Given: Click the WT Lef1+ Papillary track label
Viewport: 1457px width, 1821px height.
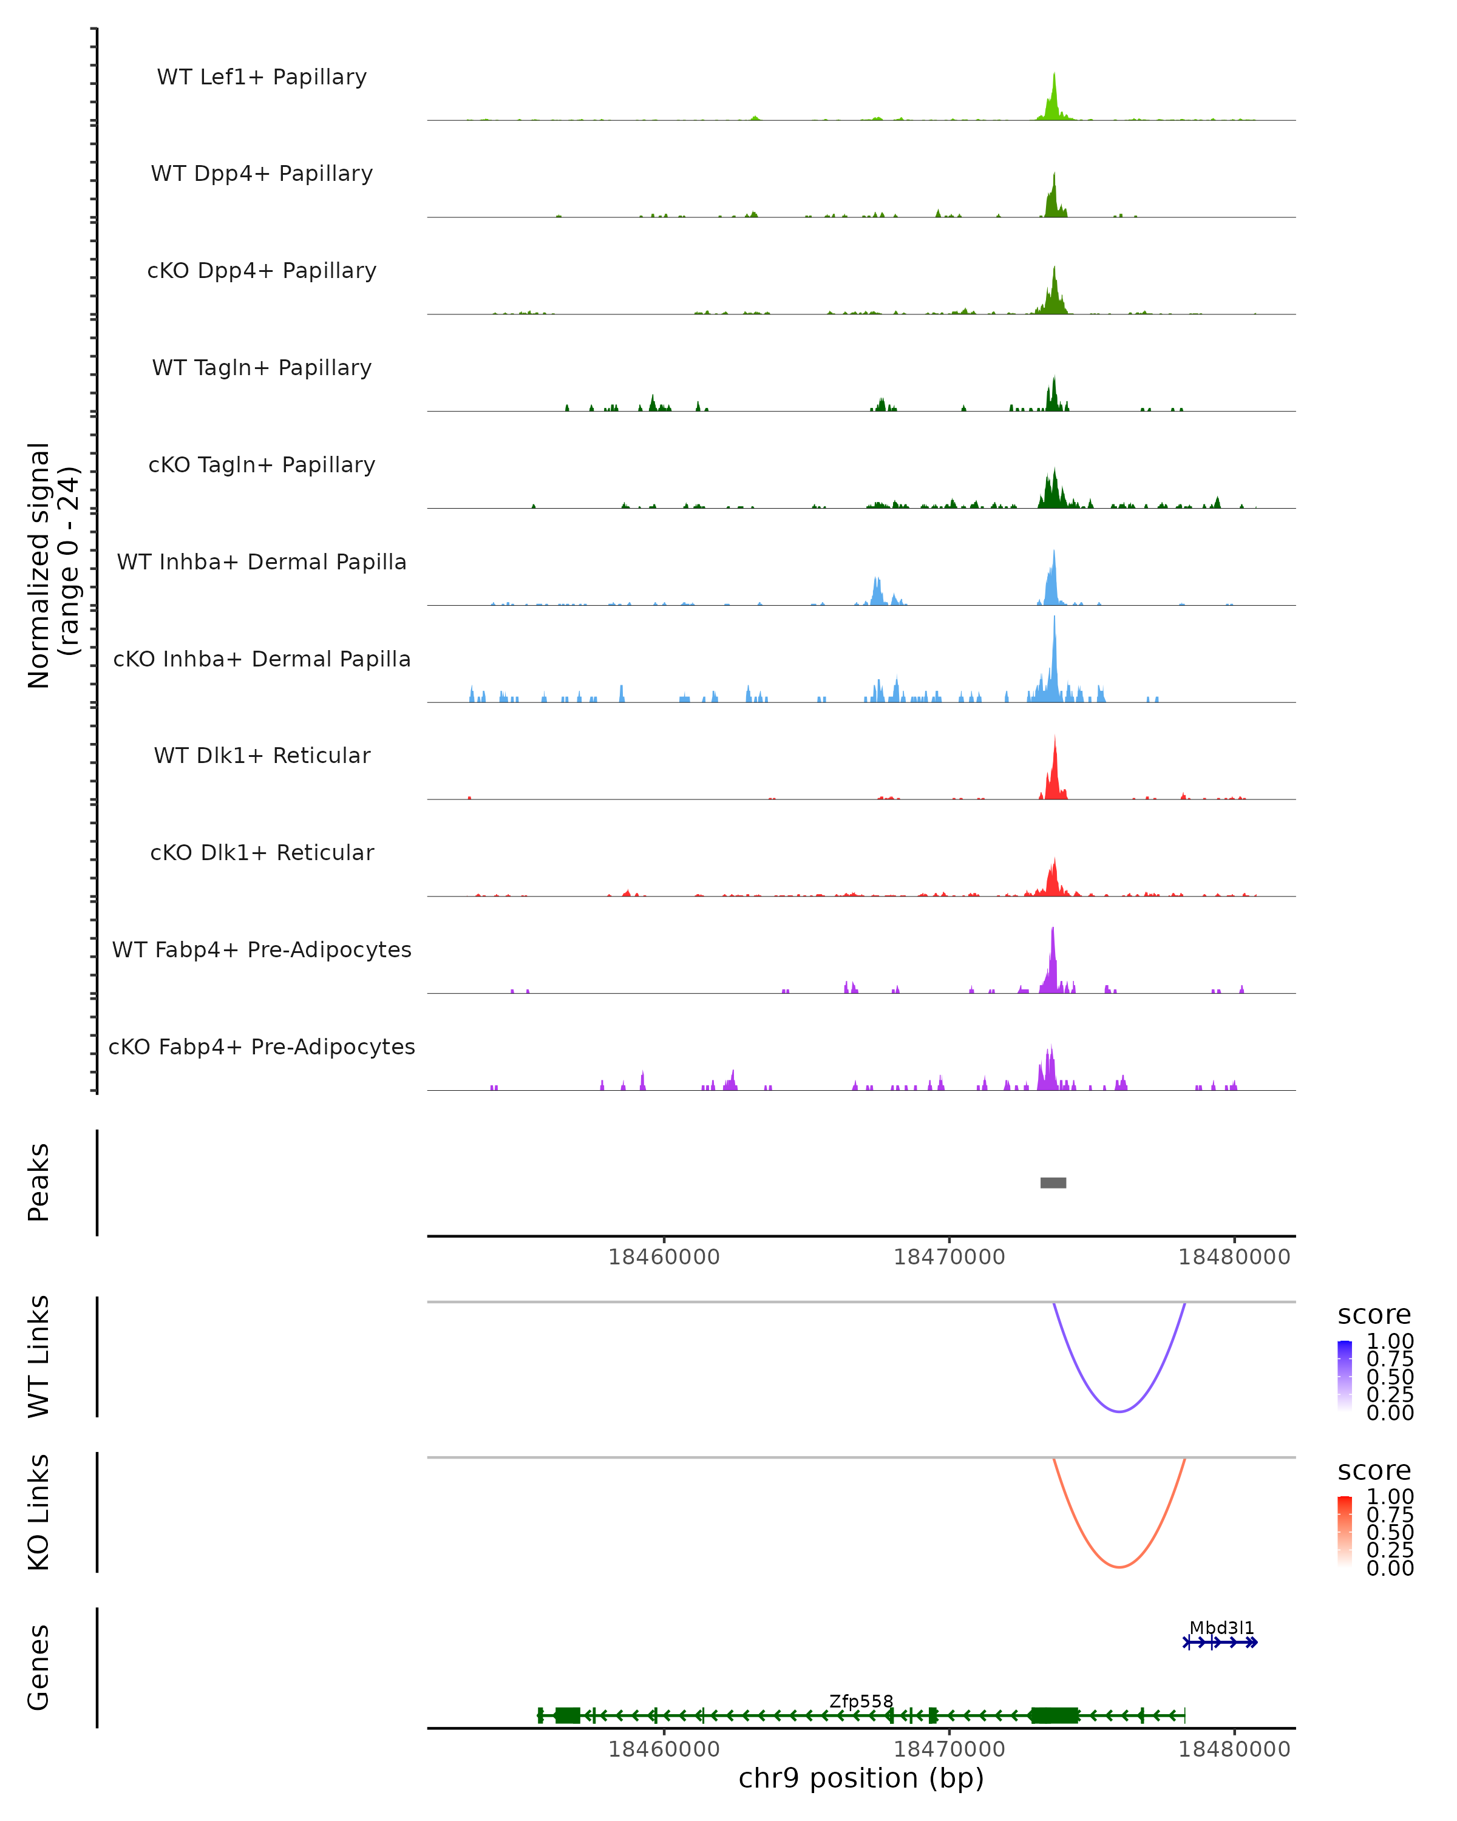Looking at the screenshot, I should pyautogui.click(x=262, y=77).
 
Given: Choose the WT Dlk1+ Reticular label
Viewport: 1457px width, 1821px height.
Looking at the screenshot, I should pyautogui.click(x=262, y=755).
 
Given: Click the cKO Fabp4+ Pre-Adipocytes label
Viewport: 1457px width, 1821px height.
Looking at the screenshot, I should pyautogui.click(x=262, y=1046).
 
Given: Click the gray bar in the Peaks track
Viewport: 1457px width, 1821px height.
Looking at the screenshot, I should pyautogui.click(x=1053, y=1182).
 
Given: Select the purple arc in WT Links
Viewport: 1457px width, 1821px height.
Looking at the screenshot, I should pyautogui.click(x=1118, y=1411).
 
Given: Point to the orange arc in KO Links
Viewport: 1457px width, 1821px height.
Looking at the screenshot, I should pyautogui.click(x=1118, y=1567).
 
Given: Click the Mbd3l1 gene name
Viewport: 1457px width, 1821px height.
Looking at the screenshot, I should pyautogui.click(x=1221, y=1627).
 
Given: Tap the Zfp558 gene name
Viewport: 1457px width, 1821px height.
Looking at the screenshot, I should pyautogui.click(x=861, y=1701).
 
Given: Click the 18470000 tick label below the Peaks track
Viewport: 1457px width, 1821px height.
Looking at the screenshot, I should pyautogui.click(x=949, y=1257).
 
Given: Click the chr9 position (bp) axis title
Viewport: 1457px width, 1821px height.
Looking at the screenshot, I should pyautogui.click(x=861, y=1778).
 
